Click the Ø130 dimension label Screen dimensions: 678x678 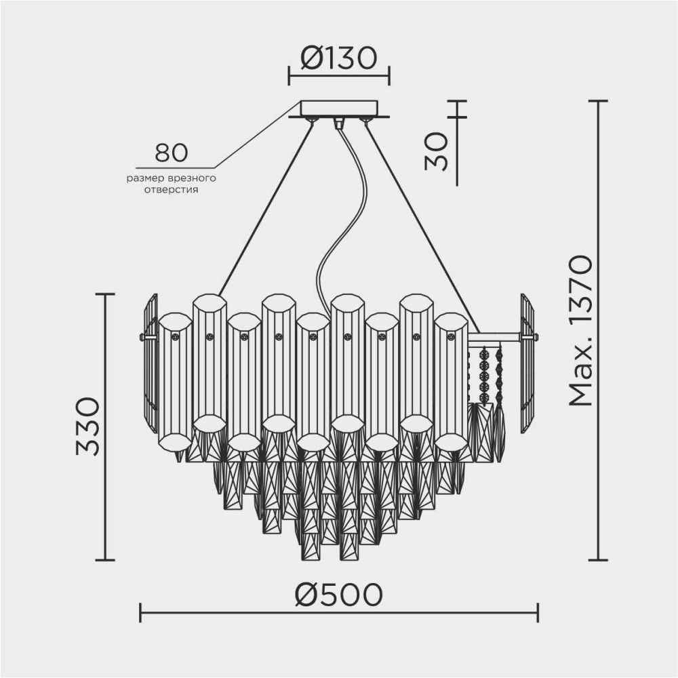coord(338,60)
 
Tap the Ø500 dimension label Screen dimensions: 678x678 coord(338,595)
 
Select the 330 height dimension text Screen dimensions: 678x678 coord(88,427)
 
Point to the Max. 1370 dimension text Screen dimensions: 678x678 coord(581,330)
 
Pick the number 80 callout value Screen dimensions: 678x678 coord(171,153)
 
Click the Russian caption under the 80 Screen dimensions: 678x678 coord(171,184)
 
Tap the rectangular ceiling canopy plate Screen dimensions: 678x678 coord(339,108)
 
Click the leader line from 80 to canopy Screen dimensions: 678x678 coord(258,136)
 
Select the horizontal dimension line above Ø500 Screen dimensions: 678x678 coord(338,612)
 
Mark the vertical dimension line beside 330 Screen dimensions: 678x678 coord(104,427)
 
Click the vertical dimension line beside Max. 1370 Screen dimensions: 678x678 coord(597,330)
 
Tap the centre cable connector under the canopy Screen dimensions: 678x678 coord(339,123)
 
